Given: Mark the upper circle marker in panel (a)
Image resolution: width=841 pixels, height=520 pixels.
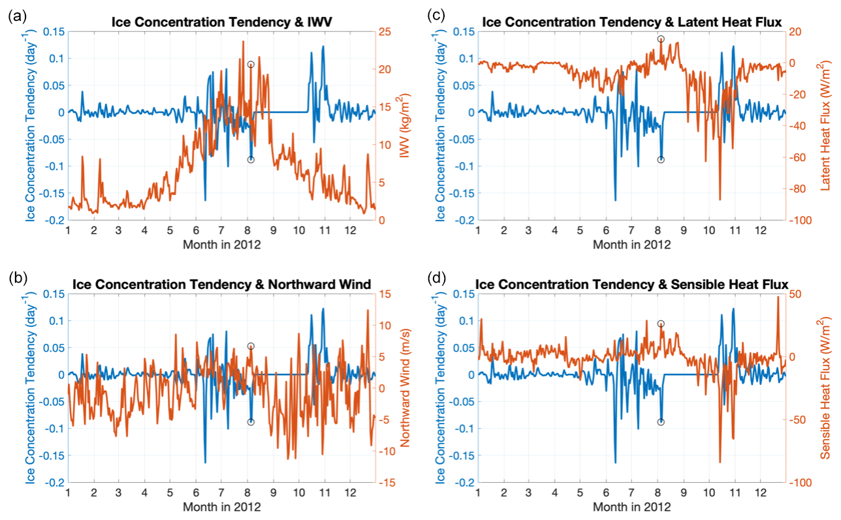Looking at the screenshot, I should (x=251, y=65).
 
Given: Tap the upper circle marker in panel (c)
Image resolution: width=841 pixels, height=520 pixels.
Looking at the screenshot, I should (x=661, y=39).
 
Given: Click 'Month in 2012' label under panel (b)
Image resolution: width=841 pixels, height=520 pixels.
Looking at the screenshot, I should (x=222, y=507).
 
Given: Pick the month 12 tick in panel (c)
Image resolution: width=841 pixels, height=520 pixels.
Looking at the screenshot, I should (x=760, y=230).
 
